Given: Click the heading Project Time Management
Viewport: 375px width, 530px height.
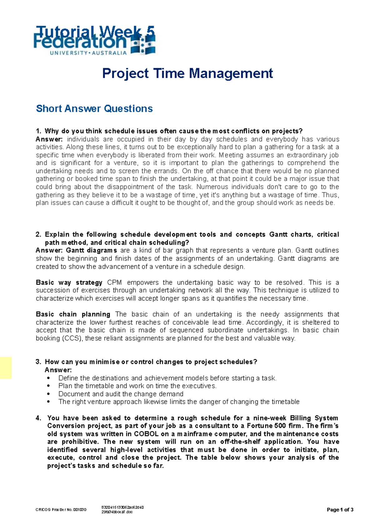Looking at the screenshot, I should click(187, 74).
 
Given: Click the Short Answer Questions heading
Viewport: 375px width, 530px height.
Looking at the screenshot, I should click(94, 109).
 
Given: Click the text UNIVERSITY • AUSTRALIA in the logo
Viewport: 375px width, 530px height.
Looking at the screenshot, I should click(88, 53).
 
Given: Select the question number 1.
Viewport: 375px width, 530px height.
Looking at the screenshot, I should click(38, 131).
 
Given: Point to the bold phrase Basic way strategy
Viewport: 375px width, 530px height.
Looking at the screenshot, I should click(69, 282).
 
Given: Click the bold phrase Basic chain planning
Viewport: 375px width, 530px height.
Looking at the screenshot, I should click(73, 314).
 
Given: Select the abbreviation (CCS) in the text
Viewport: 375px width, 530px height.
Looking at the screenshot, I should click(72, 338).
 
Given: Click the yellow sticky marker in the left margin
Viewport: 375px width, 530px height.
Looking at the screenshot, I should click(6, 368).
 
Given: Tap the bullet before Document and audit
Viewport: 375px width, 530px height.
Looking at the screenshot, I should click(48, 394).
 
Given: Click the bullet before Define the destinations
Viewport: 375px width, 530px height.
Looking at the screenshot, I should click(48, 378).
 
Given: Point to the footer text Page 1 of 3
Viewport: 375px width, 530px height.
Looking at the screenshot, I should click(340, 510).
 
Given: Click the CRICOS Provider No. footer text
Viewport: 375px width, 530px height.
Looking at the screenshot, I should click(61, 510).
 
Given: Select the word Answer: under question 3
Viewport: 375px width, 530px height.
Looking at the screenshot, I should click(58, 370).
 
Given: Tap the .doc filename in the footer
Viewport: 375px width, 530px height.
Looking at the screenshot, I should click(117, 512).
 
